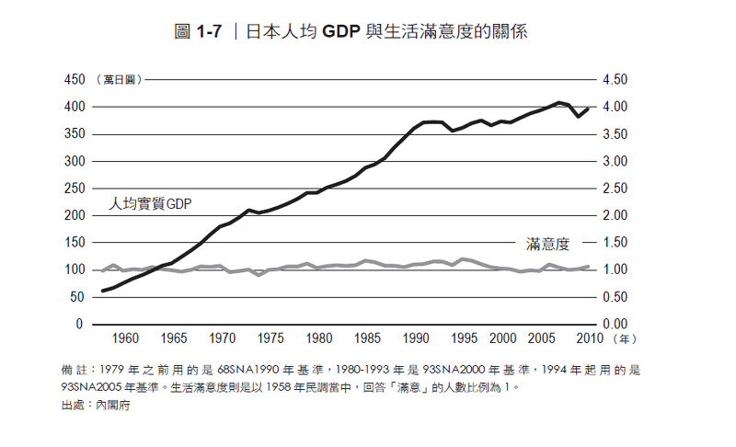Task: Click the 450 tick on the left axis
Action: pyautogui.click(x=73, y=80)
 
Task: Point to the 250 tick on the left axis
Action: pyautogui.click(x=73, y=189)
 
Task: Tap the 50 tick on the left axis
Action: pyautogui.click(x=76, y=297)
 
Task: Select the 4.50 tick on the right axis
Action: pyautogui.click(x=615, y=80)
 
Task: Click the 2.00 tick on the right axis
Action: pyautogui.click(x=615, y=215)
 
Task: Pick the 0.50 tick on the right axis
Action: pyautogui.click(x=615, y=297)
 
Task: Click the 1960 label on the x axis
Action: pyautogui.click(x=126, y=338)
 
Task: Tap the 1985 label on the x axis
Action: pyautogui.click(x=368, y=338)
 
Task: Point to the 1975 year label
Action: pyautogui.click(x=271, y=338)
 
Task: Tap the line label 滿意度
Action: pyautogui.click(x=548, y=245)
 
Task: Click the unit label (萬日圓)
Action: pyautogui.click(x=119, y=80)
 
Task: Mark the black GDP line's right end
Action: pyautogui.click(x=588, y=109)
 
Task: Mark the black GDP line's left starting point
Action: pyautogui.click(x=103, y=291)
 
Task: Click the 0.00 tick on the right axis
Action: pyautogui.click(x=615, y=324)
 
